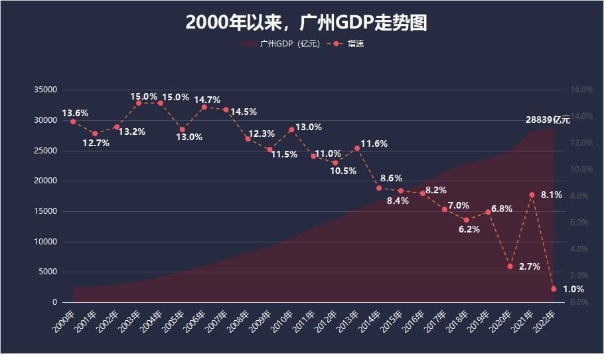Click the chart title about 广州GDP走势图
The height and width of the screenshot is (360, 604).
click(x=306, y=23)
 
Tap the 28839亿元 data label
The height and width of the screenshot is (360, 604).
click(x=548, y=120)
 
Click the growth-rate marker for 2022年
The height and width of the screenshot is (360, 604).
click(x=554, y=289)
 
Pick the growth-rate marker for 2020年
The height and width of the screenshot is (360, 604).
click(x=510, y=266)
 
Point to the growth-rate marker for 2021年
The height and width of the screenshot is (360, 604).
click(x=532, y=195)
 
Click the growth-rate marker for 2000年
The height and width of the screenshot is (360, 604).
click(x=73, y=122)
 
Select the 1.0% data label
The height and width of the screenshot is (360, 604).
click(x=573, y=289)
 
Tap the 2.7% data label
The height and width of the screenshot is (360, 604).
click(x=529, y=266)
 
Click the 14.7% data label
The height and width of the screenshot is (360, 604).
click(x=206, y=100)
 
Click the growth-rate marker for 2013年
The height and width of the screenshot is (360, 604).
click(x=357, y=148)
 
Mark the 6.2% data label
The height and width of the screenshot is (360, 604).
click(x=469, y=229)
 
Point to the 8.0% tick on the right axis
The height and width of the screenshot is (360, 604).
click(x=581, y=196)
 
